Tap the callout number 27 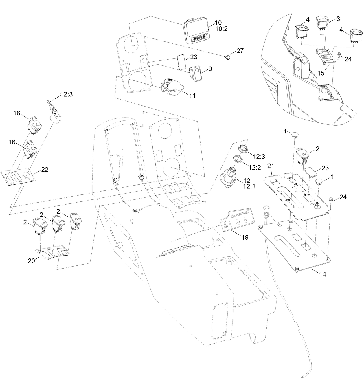point(240,51)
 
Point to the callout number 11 point(192,96)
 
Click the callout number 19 point(245,237)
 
